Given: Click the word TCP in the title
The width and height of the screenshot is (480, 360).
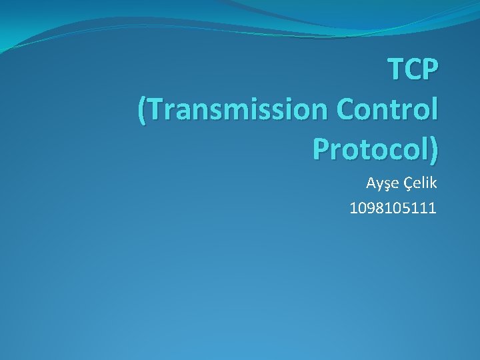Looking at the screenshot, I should [413, 69].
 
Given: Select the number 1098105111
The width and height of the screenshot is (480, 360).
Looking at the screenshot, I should [393, 209].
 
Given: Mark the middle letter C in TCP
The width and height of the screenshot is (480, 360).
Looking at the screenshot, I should [413, 69].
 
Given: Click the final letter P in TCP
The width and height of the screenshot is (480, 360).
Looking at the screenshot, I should [431, 69].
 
